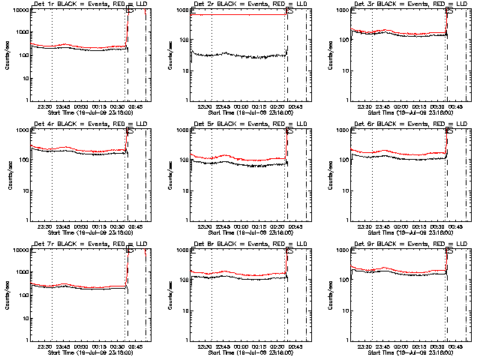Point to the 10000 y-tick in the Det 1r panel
(x=19, y=10)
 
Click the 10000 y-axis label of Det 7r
(x=19, y=250)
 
